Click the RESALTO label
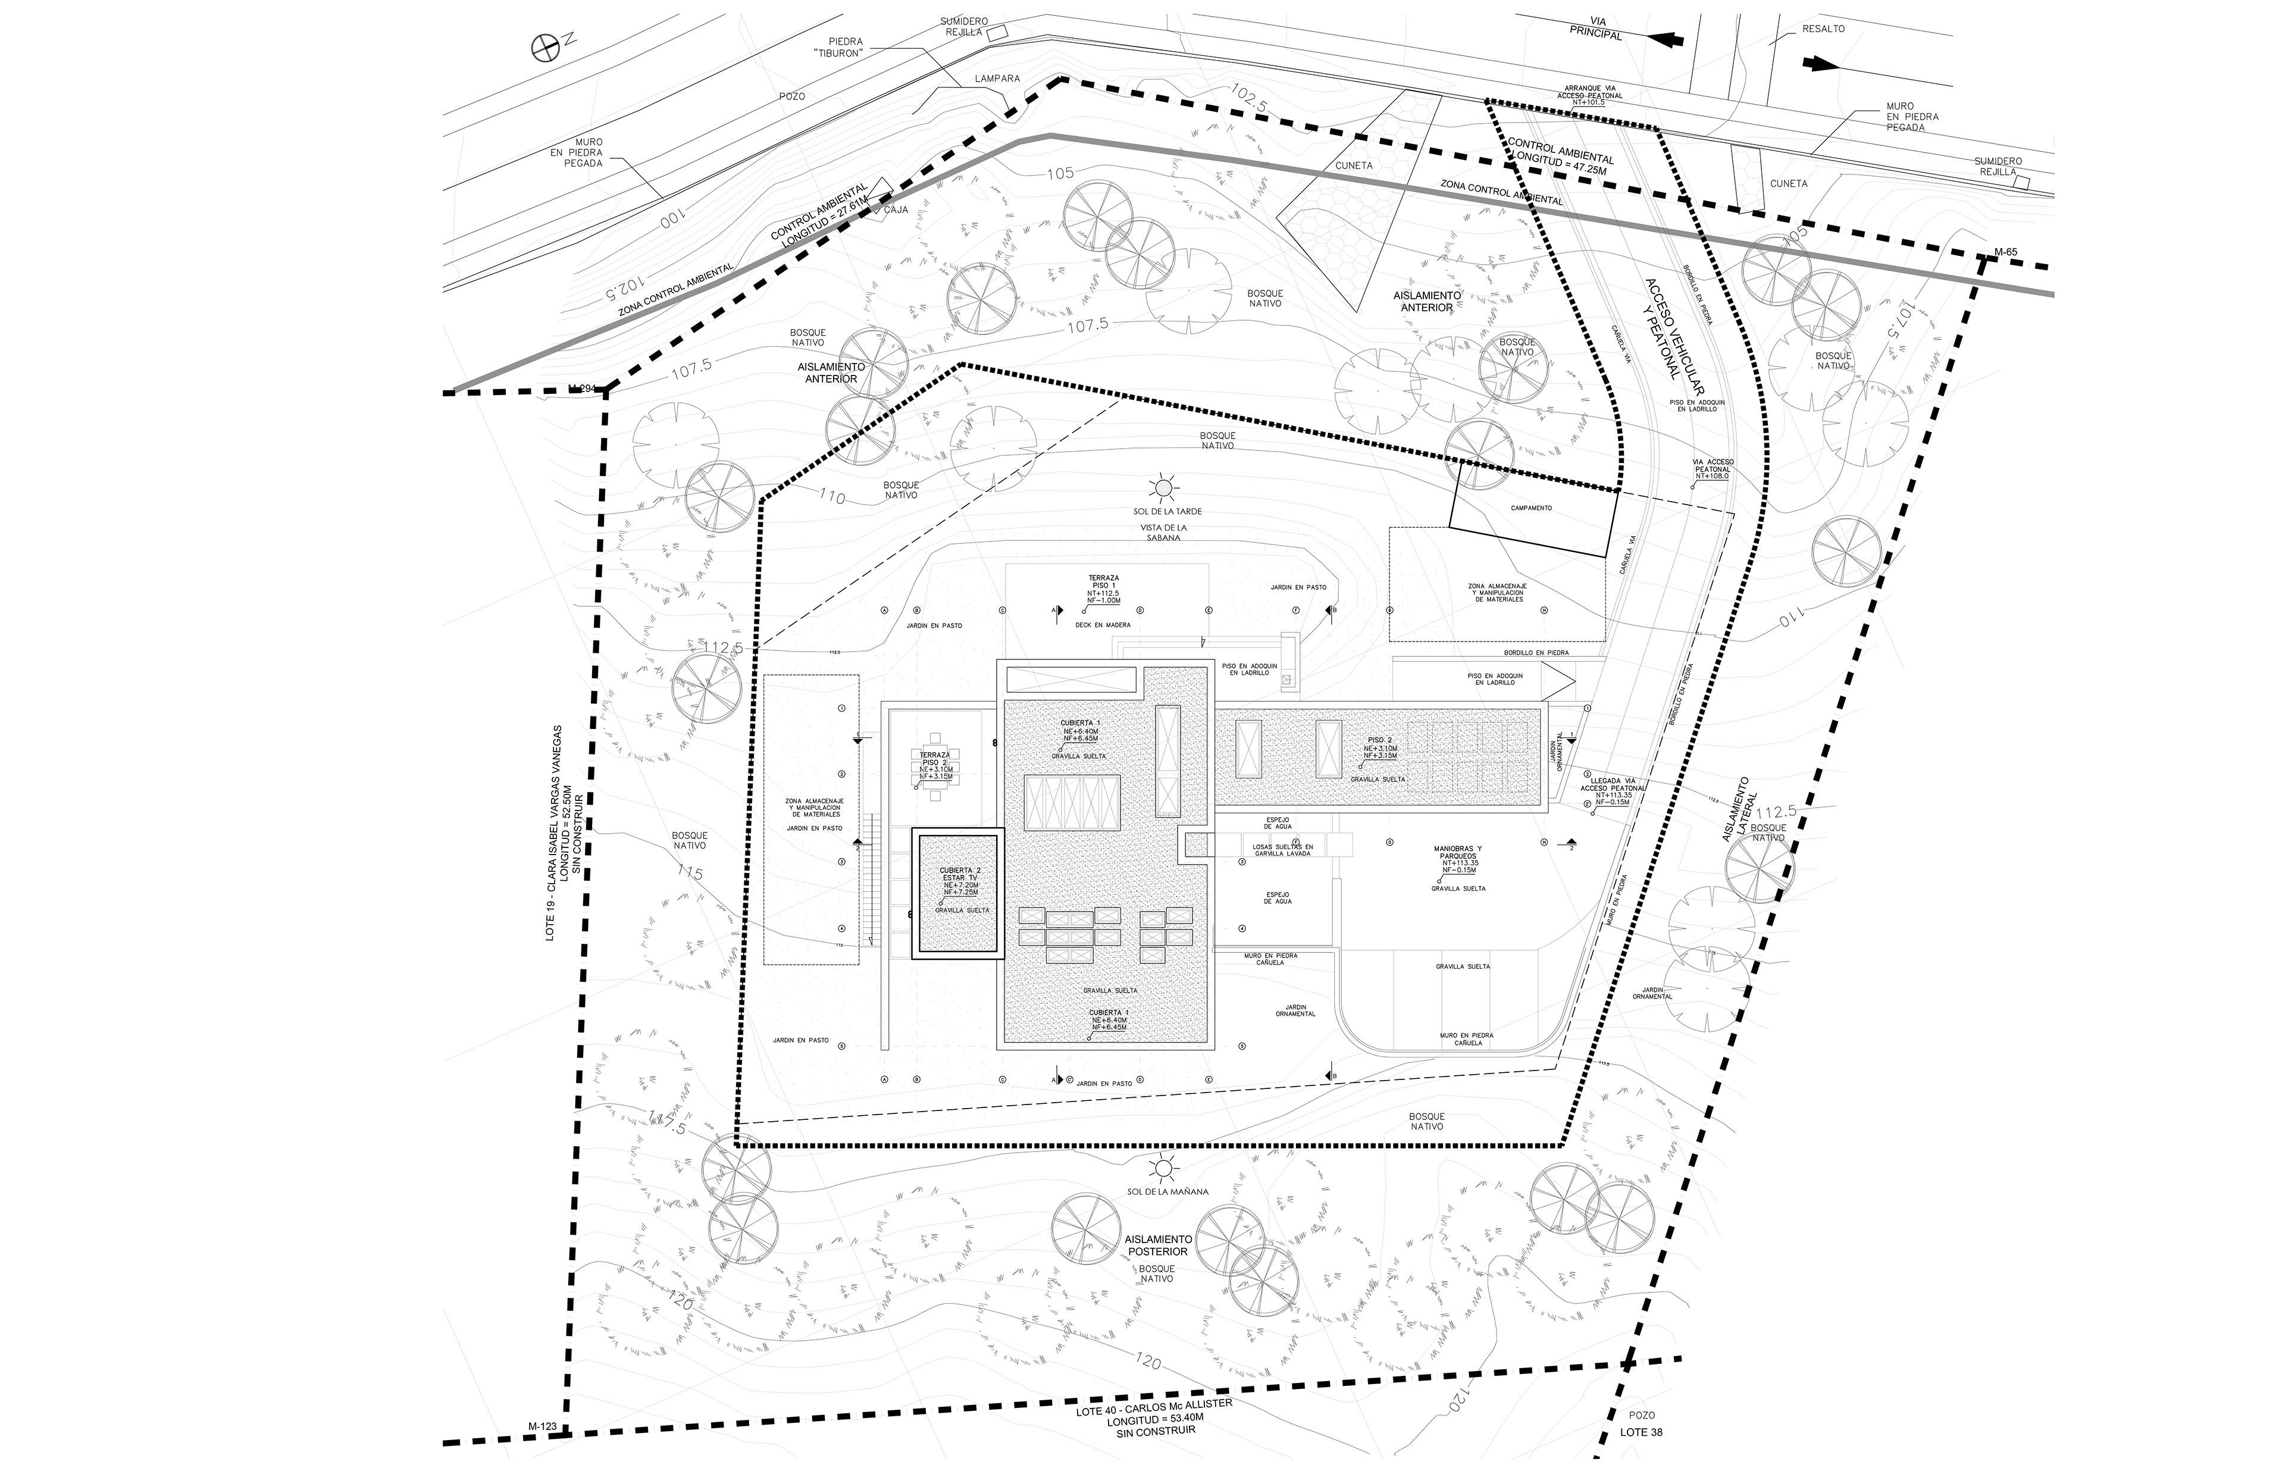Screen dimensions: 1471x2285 pos(1823,29)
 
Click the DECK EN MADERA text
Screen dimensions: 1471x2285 pos(1102,625)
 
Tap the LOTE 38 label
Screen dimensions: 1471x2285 pos(1641,1459)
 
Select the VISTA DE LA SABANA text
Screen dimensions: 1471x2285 pos(1163,532)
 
